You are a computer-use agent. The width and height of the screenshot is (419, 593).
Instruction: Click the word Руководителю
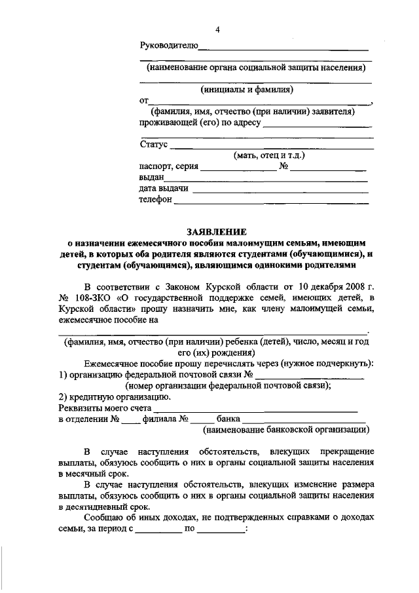[168, 45]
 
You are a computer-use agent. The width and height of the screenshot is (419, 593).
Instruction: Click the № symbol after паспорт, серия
[284, 167]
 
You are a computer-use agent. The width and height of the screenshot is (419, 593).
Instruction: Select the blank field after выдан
[265, 178]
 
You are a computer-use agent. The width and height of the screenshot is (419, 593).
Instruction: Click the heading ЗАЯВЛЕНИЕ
[217, 231]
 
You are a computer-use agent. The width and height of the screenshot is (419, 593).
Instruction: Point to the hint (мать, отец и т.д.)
[270, 155]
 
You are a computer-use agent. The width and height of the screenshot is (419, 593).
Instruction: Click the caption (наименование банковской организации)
[285, 430]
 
